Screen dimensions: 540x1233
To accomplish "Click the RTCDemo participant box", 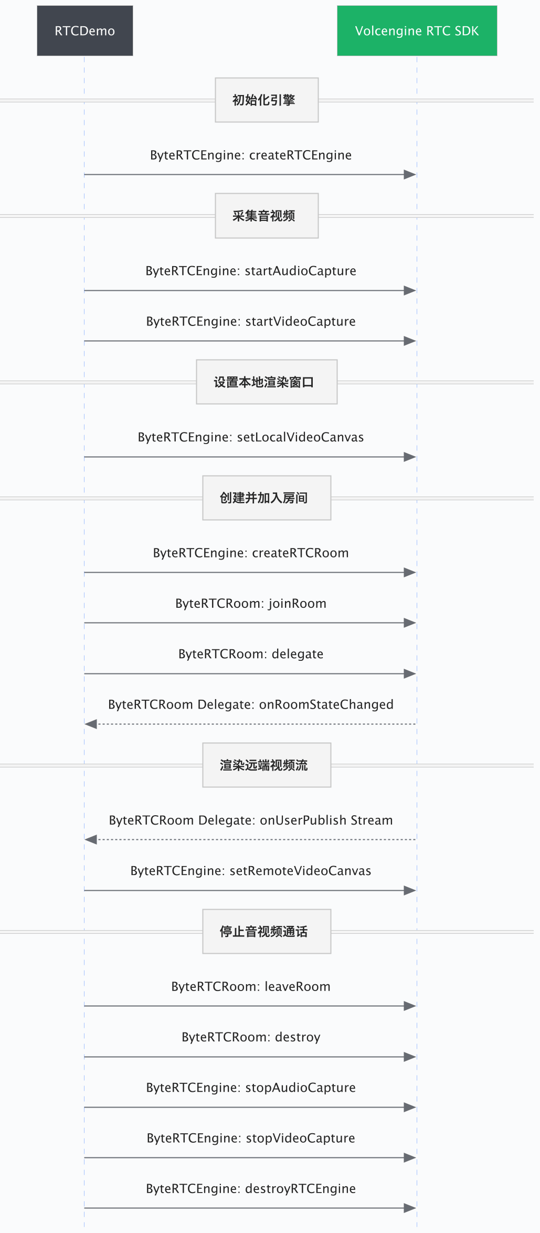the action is tap(84, 30).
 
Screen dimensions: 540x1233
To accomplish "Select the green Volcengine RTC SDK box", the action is tap(417, 30).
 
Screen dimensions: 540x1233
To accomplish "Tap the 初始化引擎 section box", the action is tap(267, 100).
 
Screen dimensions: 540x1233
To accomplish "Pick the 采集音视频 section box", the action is tap(267, 216).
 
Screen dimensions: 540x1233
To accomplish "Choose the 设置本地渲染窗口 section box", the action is tap(267, 382).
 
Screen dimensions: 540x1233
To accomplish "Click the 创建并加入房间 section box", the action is tap(267, 498).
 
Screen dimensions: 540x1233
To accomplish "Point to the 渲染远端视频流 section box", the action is tap(267, 765).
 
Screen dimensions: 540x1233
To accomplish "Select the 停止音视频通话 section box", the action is tap(267, 931).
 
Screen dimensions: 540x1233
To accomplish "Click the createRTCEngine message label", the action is tap(251, 155).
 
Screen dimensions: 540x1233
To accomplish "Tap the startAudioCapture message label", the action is tap(251, 271).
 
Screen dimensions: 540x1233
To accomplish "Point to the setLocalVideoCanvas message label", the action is tap(251, 437).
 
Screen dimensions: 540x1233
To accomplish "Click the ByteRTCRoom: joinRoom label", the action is tap(251, 604).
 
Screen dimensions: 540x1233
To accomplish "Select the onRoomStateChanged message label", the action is tap(251, 704).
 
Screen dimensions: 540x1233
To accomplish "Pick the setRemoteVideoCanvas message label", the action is tap(251, 871).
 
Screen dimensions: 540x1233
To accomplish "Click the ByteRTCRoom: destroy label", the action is tap(251, 1037).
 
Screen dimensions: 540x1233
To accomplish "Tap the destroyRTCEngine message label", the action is tap(251, 1189).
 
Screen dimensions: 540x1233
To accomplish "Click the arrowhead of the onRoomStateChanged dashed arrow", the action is tap(91, 724).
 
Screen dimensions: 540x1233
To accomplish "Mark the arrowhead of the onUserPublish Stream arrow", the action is tap(91, 840).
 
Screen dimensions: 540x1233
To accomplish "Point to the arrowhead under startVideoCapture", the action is tap(410, 341).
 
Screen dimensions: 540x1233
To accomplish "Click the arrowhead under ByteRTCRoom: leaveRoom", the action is tap(410, 1006).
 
